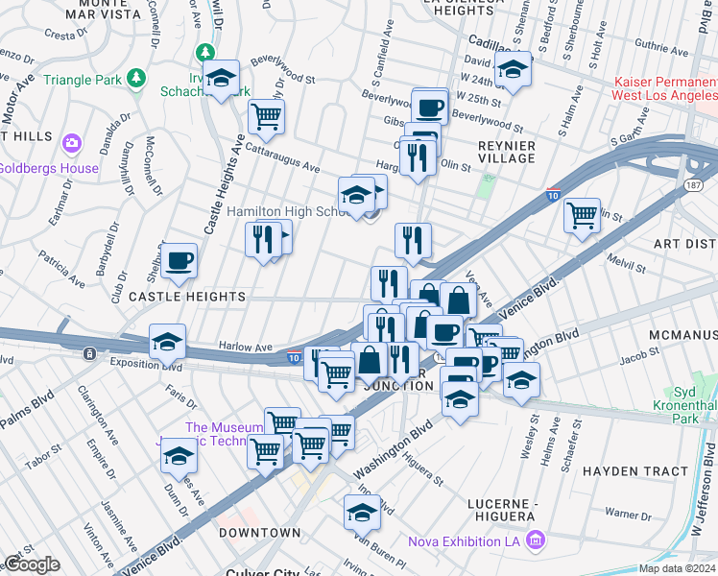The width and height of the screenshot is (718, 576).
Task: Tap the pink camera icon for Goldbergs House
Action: coord(71,145)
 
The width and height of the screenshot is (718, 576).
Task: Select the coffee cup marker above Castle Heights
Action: coord(179,260)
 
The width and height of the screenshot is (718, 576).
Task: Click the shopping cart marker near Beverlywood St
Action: coord(266,117)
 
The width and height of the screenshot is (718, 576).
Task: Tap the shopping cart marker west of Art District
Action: coord(582,214)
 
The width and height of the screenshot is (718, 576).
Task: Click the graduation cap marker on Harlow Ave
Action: coord(167,343)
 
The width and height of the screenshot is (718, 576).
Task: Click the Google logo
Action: coord(32,564)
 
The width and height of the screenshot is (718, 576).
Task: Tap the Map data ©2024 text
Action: coord(678,569)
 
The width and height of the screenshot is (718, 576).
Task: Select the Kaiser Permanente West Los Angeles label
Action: coord(665,89)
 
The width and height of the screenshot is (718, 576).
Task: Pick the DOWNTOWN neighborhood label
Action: coord(259,532)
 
